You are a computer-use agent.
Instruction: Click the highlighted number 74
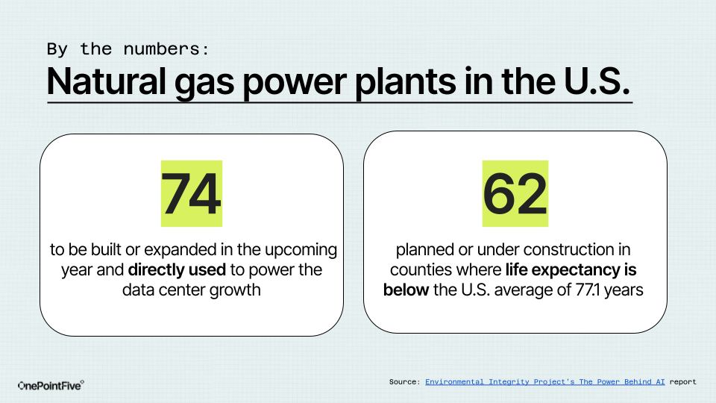[x=192, y=194]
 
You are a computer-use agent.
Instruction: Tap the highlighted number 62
[x=515, y=194]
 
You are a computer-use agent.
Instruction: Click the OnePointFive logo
[x=51, y=386]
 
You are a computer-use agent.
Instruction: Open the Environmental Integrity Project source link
[x=544, y=382]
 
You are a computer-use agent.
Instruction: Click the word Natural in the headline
[x=106, y=82]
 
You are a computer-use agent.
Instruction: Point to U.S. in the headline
[x=597, y=82]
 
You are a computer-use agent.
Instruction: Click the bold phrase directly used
[x=177, y=270]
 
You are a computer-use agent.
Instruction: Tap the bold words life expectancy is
[x=571, y=270]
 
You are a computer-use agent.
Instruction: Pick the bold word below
[x=406, y=290]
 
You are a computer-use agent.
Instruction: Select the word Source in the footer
[x=404, y=382]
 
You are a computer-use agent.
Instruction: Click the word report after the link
[x=683, y=382]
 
